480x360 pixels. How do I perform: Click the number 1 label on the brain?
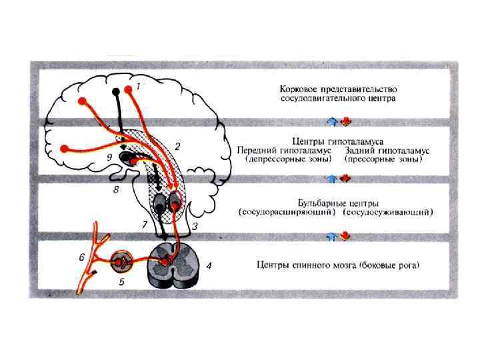[x=138, y=86]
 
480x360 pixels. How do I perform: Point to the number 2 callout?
[x=177, y=145]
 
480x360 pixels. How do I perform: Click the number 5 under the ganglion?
[x=122, y=282]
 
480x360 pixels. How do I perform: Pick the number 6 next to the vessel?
[x=82, y=257]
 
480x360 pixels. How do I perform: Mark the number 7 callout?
[x=144, y=225]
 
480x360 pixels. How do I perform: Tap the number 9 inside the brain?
[x=109, y=158]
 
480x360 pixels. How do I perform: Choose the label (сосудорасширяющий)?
[x=288, y=213]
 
